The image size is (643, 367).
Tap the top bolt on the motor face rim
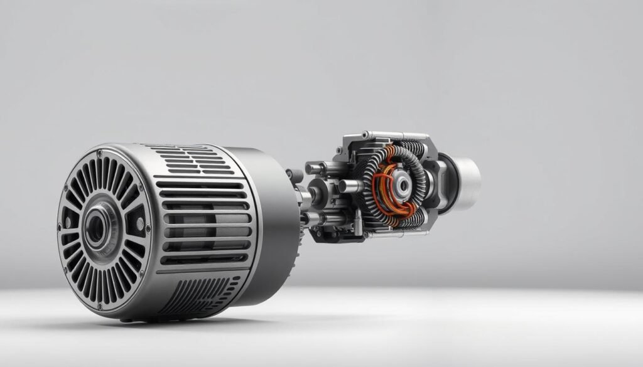coord(99,152)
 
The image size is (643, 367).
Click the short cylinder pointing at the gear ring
coord(350,186)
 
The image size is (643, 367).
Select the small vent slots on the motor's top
coord(182,154)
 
